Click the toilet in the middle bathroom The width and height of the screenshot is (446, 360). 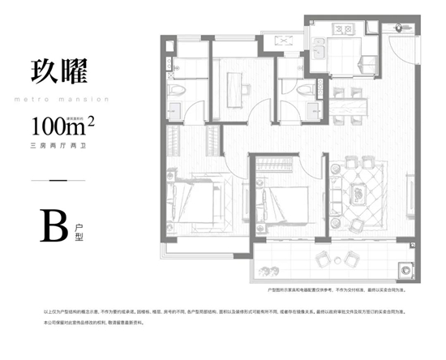305,92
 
